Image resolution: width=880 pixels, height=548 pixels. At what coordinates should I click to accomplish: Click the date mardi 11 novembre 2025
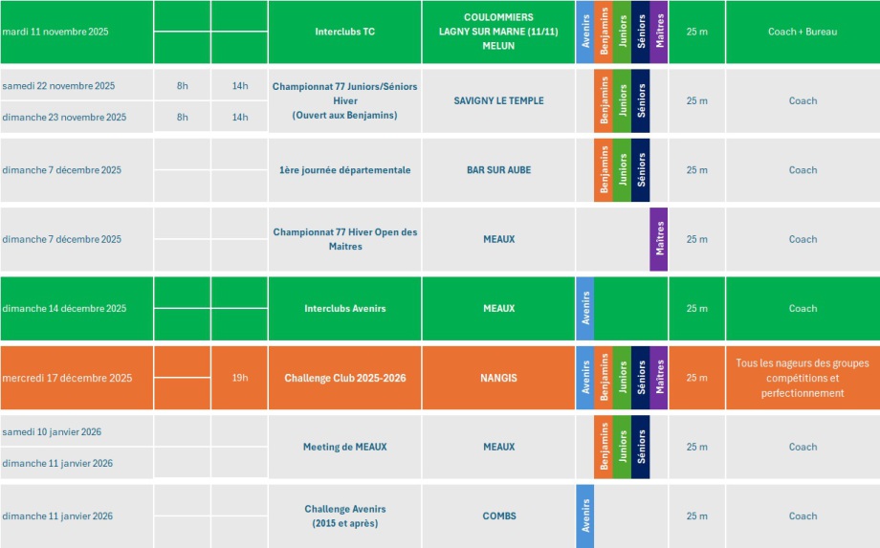pos(55,32)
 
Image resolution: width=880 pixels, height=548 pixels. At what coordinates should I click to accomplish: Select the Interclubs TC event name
pos(344,32)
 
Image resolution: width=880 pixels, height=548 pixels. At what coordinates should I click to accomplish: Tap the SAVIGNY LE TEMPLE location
pos(498,100)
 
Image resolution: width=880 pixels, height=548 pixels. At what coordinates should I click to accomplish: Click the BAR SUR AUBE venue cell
pos(498,170)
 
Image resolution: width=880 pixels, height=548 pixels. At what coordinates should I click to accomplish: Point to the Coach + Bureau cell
pos(802,32)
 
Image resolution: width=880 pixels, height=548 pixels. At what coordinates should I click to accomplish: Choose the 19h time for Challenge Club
pos(239,378)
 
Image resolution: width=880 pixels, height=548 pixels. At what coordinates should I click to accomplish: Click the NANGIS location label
pos(498,378)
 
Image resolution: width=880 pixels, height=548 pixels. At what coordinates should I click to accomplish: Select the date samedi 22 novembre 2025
pos(58,86)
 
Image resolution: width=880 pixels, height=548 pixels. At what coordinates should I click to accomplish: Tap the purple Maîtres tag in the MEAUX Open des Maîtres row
pos(658,239)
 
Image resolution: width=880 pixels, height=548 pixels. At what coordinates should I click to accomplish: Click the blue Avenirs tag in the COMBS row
pos(584,515)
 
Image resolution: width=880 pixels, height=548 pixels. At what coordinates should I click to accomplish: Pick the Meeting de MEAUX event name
pos(344,447)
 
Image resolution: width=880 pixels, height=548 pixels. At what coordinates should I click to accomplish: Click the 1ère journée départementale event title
pos(344,170)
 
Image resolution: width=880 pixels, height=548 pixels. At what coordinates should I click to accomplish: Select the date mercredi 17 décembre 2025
pos(67,378)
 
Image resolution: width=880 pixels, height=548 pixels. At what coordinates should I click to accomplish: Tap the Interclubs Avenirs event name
pos(344,308)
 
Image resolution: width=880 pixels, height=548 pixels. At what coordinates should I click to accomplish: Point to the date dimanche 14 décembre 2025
pos(64,308)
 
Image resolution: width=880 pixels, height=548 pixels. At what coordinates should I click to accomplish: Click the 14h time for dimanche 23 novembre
pos(239,117)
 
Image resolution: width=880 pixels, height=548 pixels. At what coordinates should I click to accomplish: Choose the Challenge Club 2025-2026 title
pos(344,378)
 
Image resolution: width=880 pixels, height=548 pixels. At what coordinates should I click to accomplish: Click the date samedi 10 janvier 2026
pos(52,431)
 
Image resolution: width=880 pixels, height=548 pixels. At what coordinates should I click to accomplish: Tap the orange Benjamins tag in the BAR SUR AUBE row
pos(603,170)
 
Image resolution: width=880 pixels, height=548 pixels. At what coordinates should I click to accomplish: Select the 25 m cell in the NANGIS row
pos(696,378)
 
